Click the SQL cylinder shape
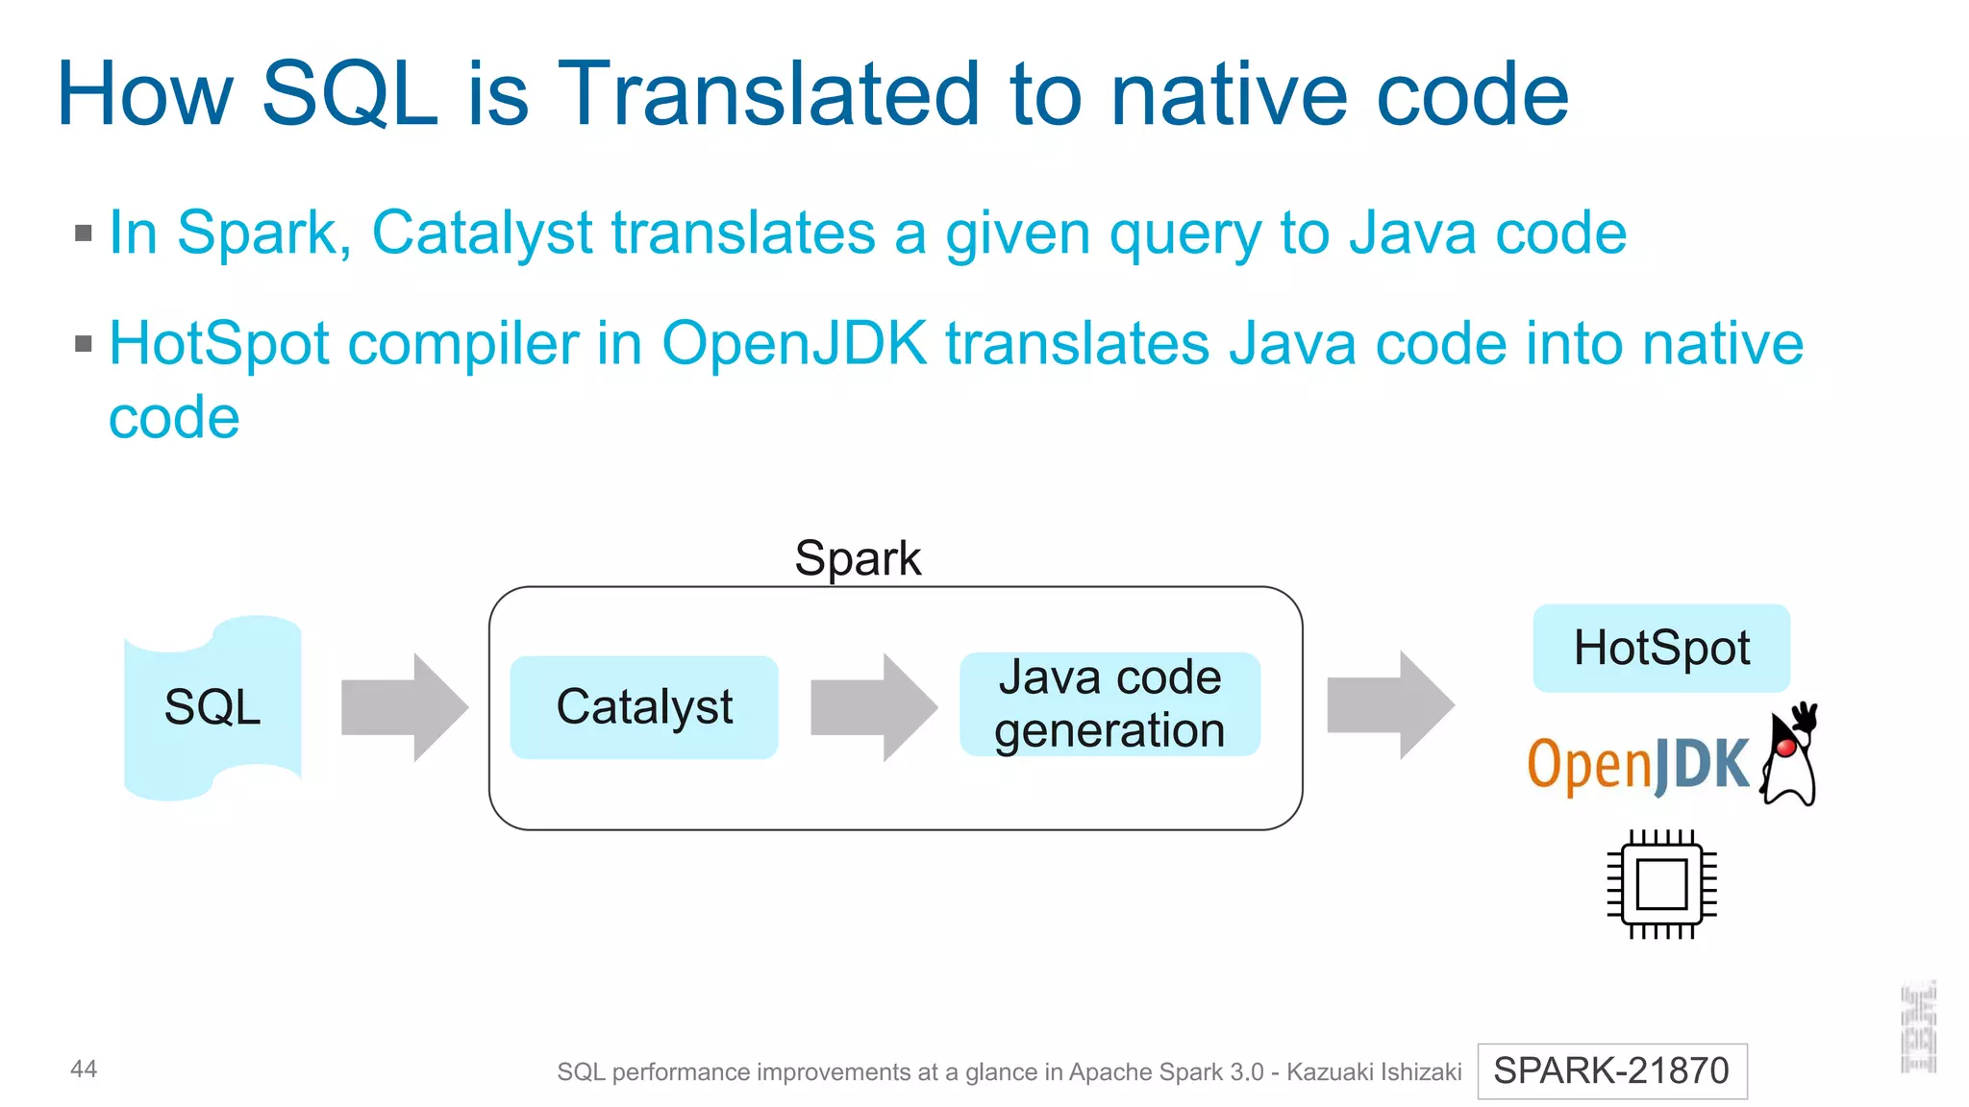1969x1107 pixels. pyautogui.click(x=212, y=708)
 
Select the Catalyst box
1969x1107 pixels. pyautogui.click(x=643, y=707)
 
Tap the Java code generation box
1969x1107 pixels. pyautogui.click(x=1109, y=704)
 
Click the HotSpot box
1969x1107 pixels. pyautogui.click(x=1660, y=648)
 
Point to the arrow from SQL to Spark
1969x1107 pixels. pyautogui.click(x=404, y=708)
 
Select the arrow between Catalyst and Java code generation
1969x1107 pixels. pyautogui.click(x=873, y=708)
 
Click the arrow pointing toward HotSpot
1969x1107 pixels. pyautogui.click(x=1389, y=705)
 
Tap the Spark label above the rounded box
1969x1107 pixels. pyautogui.click(x=858, y=558)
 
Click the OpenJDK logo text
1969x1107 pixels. pyautogui.click(x=1637, y=765)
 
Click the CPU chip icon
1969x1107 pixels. pyautogui.click(x=1661, y=884)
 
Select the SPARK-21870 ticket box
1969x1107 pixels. pyautogui.click(x=1611, y=1070)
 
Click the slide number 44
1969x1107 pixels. pyautogui.click(x=84, y=1069)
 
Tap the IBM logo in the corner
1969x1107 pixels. pyautogui.click(x=1917, y=1027)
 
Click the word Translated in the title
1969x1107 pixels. pyautogui.click(x=768, y=94)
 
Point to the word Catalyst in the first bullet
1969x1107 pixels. pyautogui.click(x=482, y=234)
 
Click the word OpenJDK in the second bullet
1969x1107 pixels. pyautogui.click(x=794, y=344)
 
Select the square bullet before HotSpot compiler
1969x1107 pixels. pyautogui.click(x=84, y=344)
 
